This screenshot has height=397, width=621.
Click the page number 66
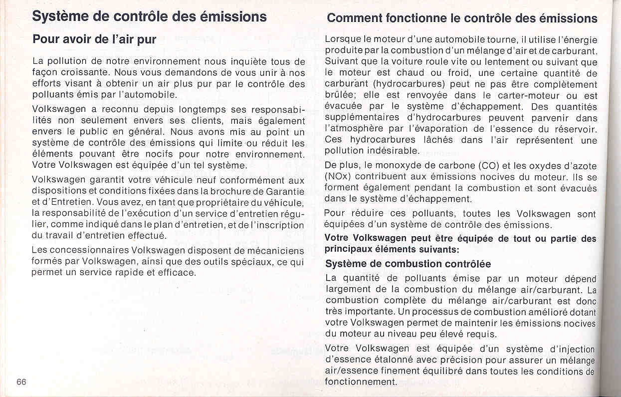(x=21, y=382)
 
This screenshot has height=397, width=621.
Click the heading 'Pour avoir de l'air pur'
(x=94, y=39)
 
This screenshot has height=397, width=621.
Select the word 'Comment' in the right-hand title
(x=354, y=18)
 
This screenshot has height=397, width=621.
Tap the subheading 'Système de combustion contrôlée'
(x=408, y=264)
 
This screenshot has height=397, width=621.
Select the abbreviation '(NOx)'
(x=339, y=177)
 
